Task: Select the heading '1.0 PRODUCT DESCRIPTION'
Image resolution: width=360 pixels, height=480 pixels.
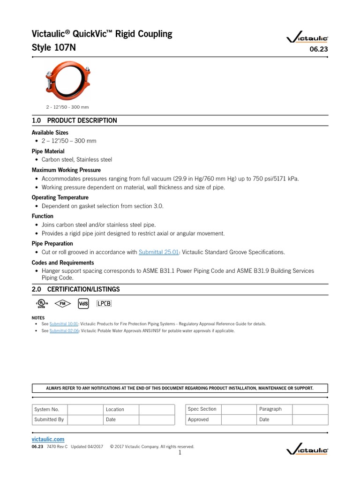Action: point(75,120)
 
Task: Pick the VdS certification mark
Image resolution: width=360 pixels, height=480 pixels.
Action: point(83,303)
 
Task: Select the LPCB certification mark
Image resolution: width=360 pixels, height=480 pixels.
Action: point(104,303)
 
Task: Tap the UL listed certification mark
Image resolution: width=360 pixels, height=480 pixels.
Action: point(42,304)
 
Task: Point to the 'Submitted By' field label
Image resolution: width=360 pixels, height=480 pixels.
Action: point(49,420)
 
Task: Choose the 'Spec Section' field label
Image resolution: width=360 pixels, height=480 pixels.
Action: point(202,409)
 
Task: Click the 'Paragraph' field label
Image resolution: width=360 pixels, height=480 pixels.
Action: point(270,409)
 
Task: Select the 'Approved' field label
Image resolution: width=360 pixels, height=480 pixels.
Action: point(198,420)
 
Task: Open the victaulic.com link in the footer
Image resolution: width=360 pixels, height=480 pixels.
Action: point(48,439)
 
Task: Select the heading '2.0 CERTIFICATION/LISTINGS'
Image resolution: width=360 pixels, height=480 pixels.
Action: point(76,289)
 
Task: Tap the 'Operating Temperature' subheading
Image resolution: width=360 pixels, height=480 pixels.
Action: point(60,197)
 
